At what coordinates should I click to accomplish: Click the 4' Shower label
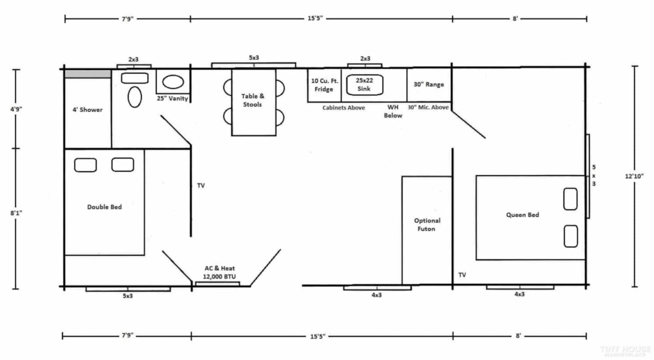click(x=87, y=109)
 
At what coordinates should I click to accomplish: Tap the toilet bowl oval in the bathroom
click(x=135, y=97)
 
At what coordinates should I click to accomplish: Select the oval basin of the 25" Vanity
click(x=173, y=82)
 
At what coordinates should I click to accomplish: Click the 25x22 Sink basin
click(x=365, y=84)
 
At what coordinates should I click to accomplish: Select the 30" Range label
click(x=428, y=84)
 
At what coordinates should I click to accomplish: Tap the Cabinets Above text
click(x=344, y=108)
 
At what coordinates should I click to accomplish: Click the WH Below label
click(x=393, y=111)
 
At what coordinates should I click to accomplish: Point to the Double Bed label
click(x=105, y=207)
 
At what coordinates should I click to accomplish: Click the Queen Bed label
click(x=522, y=215)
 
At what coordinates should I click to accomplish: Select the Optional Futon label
click(x=427, y=225)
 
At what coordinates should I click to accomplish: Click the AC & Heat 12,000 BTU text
click(x=220, y=272)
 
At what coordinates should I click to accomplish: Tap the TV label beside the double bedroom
click(x=201, y=186)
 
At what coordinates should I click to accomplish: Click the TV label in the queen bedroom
click(x=462, y=275)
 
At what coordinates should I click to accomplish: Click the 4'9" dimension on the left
click(x=16, y=109)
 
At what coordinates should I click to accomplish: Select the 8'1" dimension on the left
click(x=16, y=213)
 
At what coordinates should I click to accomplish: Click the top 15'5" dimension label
click(x=316, y=19)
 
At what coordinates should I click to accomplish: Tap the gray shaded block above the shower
click(x=88, y=74)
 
